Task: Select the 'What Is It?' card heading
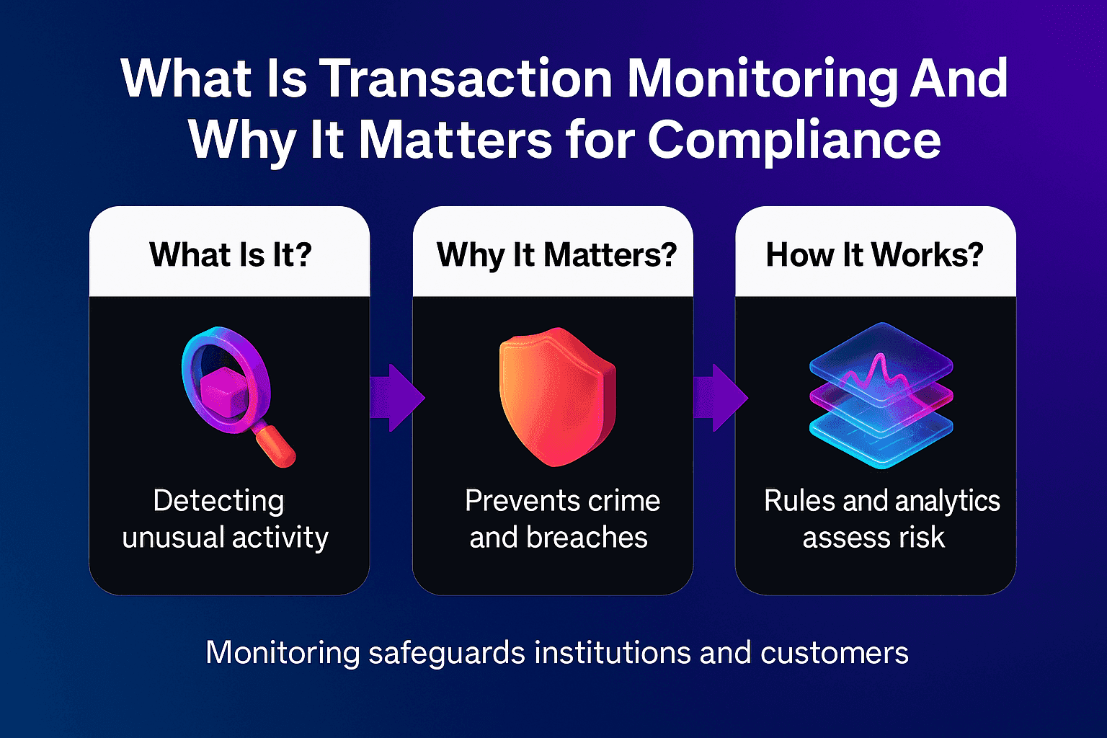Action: [230, 254]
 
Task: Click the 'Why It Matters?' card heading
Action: [556, 254]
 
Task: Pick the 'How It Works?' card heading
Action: [874, 254]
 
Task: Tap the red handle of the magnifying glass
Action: [277, 447]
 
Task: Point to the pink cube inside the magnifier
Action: [224, 389]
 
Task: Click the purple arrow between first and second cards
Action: [396, 397]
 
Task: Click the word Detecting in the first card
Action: [218, 501]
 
